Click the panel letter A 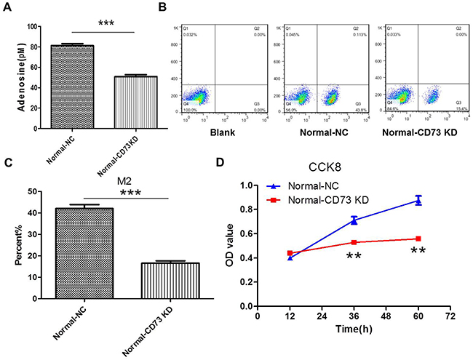[x=7, y=9]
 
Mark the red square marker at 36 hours [x=354, y=242]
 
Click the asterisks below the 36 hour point [x=354, y=257]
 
